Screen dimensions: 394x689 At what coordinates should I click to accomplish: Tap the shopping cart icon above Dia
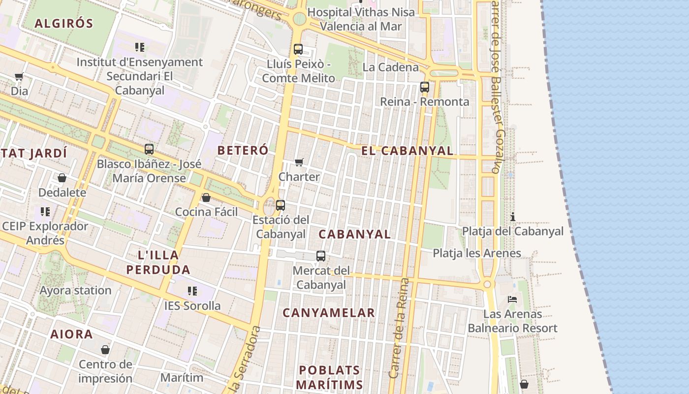pyautogui.click(x=19, y=76)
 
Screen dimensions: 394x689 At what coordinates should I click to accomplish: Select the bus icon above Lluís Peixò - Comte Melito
pyautogui.click(x=298, y=49)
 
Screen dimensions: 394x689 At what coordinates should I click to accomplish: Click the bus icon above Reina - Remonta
pyautogui.click(x=425, y=87)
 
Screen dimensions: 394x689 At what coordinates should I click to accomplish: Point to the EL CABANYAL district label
pyautogui.click(x=407, y=151)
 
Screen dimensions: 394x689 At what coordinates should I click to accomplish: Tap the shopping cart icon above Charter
pyautogui.click(x=299, y=162)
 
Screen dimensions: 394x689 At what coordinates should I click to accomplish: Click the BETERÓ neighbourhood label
pyautogui.click(x=243, y=150)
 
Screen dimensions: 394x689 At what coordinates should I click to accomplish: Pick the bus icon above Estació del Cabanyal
pyautogui.click(x=281, y=205)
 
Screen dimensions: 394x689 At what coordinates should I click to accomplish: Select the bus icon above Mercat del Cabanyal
pyautogui.click(x=321, y=256)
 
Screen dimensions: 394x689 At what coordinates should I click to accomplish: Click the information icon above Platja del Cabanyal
pyautogui.click(x=513, y=217)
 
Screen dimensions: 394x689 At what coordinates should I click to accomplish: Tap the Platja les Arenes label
pyautogui.click(x=476, y=253)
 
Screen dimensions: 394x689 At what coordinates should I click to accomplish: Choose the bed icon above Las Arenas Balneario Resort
pyautogui.click(x=512, y=299)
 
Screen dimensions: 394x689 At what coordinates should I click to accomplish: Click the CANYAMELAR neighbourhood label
pyautogui.click(x=329, y=313)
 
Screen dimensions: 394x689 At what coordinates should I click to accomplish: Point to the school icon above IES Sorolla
pyautogui.click(x=192, y=291)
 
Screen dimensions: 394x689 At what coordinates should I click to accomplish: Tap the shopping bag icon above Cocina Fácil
pyautogui.click(x=206, y=197)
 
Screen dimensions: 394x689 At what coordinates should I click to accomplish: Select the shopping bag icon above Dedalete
pyautogui.click(x=62, y=178)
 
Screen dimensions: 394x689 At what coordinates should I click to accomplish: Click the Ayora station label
pyautogui.click(x=75, y=291)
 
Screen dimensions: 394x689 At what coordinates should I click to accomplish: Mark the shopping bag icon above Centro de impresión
pyautogui.click(x=105, y=350)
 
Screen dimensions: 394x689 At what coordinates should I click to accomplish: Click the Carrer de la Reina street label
pyautogui.click(x=400, y=328)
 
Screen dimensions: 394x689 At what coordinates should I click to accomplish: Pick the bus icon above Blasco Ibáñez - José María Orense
pyautogui.click(x=149, y=149)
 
